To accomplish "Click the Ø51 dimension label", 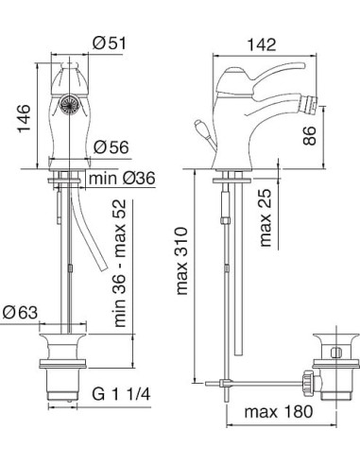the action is tap(110, 43).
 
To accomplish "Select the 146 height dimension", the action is tap(24, 118).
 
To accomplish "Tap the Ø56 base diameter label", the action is tap(111, 146).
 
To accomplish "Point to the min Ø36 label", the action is tap(122, 179).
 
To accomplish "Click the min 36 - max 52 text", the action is tap(120, 264).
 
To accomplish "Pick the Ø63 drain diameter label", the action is tap(20, 313).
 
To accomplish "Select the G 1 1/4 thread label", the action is tap(121, 394).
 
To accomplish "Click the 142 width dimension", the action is tap(262, 44).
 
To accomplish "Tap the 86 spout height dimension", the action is tap(309, 135).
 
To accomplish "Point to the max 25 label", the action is tap(266, 217).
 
